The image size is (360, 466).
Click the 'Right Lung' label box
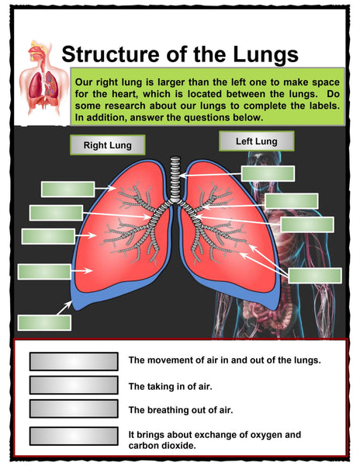click(107, 144)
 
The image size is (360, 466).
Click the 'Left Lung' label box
click(256, 141)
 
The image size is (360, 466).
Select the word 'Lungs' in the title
click(265, 54)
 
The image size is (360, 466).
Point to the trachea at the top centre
click(175, 179)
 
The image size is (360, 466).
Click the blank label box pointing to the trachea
click(268, 173)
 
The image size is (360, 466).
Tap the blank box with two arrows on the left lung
click(315, 276)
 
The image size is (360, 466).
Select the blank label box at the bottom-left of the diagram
click(44, 323)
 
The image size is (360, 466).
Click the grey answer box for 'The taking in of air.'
click(74, 385)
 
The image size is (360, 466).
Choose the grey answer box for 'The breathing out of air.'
click(74, 409)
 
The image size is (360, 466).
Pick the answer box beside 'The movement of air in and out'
click(74, 361)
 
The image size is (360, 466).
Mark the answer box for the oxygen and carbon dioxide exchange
click(74, 436)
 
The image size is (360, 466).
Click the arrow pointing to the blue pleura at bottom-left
click(64, 308)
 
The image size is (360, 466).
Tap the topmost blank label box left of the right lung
click(68, 190)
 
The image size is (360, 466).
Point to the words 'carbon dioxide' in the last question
click(162, 446)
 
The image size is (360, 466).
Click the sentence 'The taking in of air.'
click(171, 386)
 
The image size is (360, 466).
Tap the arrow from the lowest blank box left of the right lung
click(81, 270)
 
